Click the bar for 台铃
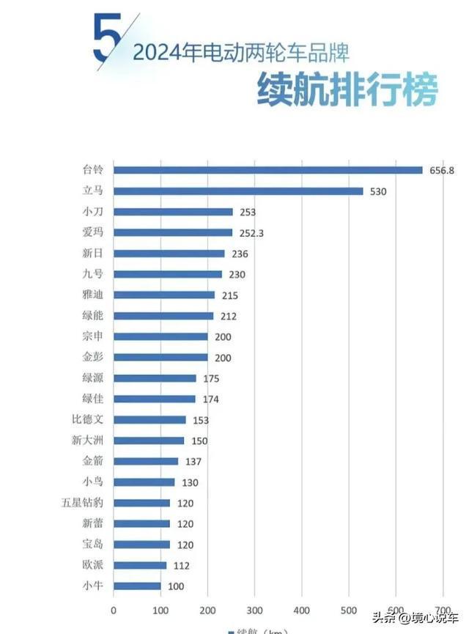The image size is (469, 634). tap(268, 170)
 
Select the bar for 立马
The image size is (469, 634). tap(238, 191)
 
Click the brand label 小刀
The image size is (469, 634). tap(94, 212)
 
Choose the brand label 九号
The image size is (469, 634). tap(94, 274)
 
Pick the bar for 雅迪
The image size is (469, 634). tap(164, 295)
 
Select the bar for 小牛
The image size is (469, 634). tap(137, 586)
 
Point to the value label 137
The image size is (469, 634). tap(191, 462)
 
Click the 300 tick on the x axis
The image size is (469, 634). tap(254, 610)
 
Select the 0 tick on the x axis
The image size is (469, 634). tap(114, 610)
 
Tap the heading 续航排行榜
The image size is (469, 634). tap(347, 90)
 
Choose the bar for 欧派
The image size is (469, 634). tap(140, 565)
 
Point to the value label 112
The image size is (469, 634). tap(180, 565)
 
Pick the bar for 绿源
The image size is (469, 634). tap(155, 378)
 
